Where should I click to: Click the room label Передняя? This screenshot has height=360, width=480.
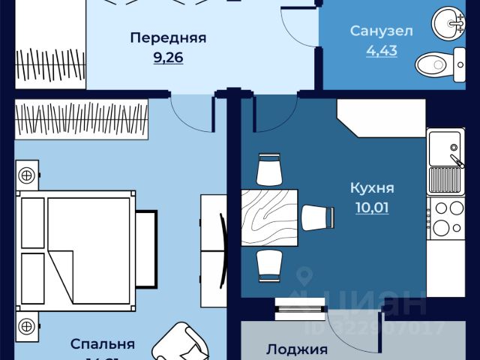(x=168, y=37)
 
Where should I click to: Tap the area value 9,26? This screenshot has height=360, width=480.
(x=168, y=57)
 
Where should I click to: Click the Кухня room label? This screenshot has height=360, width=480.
(x=372, y=187)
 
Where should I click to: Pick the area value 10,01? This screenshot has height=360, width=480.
(x=372, y=207)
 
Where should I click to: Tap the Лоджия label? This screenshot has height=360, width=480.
(x=297, y=349)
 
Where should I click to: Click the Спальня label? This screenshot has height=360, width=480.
(x=103, y=344)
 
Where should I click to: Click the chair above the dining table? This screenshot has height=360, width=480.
(x=268, y=168)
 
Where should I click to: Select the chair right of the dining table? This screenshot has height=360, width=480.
(x=317, y=217)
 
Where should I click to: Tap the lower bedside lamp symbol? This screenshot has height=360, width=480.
(x=26, y=326)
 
